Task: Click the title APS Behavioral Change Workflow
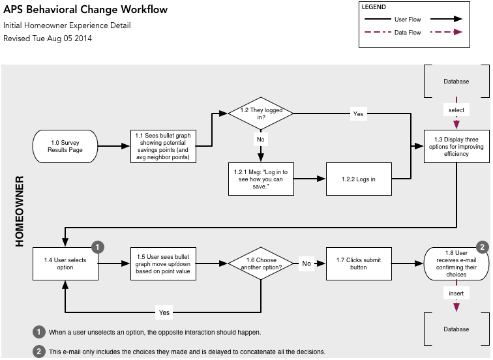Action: tap(85, 10)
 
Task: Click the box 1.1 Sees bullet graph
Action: tap(163, 146)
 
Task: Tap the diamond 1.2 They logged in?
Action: tap(260, 113)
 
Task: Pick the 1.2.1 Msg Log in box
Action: tap(260, 179)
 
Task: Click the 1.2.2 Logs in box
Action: tap(359, 179)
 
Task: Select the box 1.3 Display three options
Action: tap(456, 146)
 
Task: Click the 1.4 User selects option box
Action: tap(65, 263)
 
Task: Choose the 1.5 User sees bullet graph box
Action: tap(163, 263)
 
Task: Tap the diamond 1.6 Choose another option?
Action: tap(260, 263)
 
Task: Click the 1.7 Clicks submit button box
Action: tap(359, 263)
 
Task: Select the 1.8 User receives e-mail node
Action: tap(456, 263)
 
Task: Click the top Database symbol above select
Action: tap(456, 82)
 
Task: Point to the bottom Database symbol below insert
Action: tap(456, 329)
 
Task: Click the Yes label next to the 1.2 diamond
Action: tap(358, 113)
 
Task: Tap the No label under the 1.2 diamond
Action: tap(260, 140)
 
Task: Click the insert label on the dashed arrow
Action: tap(456, 294)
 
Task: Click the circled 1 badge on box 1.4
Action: tap(98, 247)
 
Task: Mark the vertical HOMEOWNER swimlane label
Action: tap(19, 211)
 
